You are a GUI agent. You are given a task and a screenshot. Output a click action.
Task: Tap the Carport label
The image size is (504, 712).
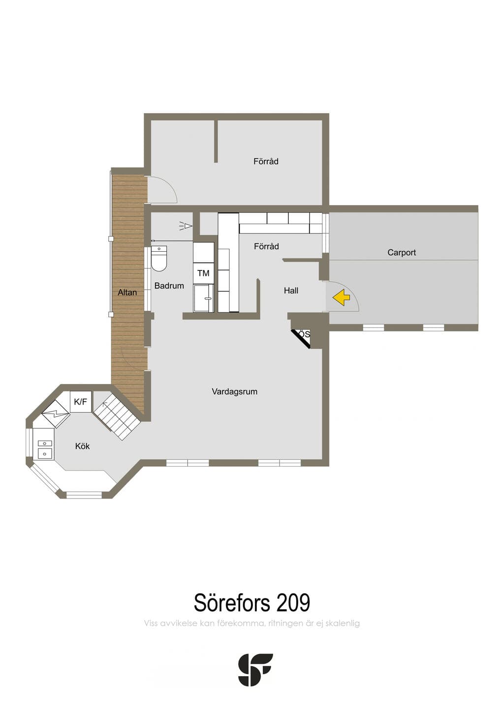[402, 252]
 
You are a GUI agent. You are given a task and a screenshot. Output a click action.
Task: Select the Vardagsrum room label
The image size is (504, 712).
[234, 391]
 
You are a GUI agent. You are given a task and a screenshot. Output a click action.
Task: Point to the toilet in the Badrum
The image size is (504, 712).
[159, 259]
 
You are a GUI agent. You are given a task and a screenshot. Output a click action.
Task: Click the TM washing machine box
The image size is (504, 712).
[203, 273]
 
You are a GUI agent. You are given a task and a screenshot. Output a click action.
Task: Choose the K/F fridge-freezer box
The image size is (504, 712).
[81, 401]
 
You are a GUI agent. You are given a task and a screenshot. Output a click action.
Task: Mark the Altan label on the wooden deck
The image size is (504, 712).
[127, 292]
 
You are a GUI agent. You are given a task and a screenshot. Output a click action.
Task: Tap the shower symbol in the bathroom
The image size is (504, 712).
[186, 226]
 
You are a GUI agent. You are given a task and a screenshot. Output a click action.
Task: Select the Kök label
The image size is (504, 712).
[82, 446]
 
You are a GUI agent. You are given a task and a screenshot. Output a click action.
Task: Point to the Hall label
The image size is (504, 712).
[291, 291]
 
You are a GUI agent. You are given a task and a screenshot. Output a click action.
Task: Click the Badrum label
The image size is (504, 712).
[169, 286]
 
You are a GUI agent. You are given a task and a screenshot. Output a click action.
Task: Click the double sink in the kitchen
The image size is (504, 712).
[45, 448]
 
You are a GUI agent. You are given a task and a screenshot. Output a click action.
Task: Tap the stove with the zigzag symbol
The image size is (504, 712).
[56, 414]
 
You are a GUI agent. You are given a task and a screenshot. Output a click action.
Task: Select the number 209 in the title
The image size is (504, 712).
[293, 602]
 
